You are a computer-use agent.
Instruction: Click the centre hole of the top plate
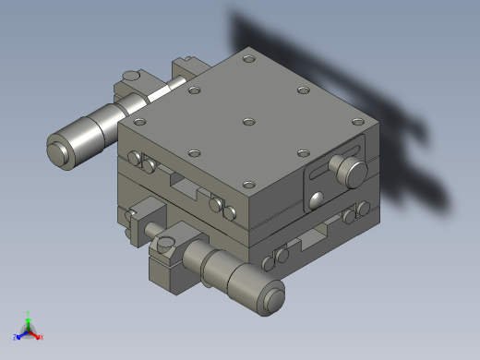247,121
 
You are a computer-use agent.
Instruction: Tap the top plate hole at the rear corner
248,59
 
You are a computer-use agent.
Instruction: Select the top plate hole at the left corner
139,121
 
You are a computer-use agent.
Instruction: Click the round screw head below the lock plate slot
317,198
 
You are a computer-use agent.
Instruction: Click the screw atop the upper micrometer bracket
132,77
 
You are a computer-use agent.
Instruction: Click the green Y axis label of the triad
29,313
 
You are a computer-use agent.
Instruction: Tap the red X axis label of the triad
42,338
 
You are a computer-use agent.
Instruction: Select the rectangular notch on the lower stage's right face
306,243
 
